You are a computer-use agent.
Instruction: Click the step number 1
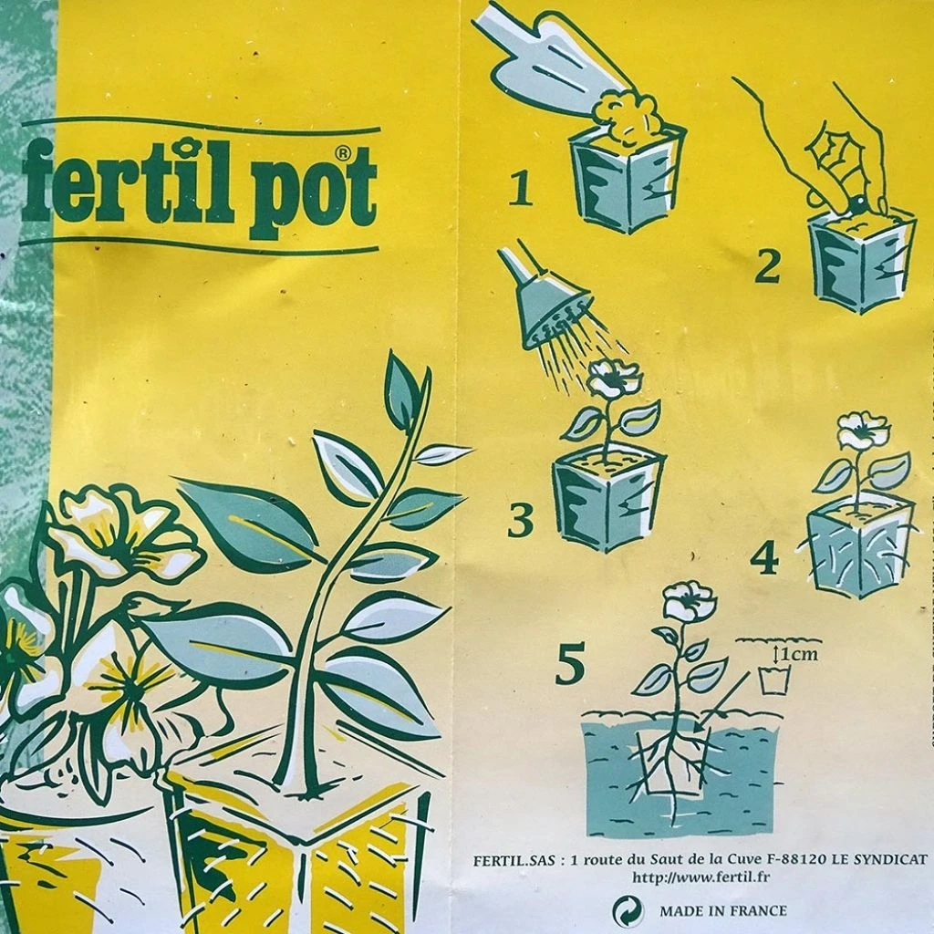pos(521,189)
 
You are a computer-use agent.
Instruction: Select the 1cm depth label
pos(795,654)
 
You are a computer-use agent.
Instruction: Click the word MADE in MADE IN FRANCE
pos(681,910)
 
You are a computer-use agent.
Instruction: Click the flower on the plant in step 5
pos(689,601)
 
